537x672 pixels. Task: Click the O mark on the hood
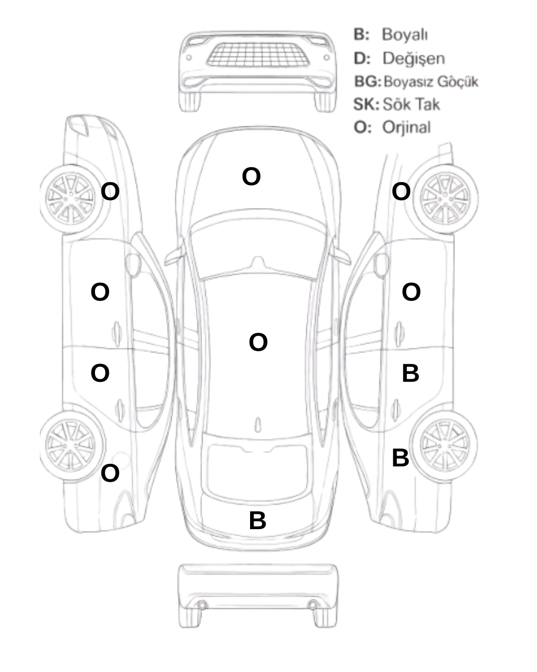click(x=251, y=176)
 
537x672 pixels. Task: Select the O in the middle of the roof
click(x=258, y=342)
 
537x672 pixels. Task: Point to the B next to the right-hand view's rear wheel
click(x=400, y=458)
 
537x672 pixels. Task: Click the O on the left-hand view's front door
click(x=100, y=292)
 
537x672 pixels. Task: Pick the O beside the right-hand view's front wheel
click(x=401, y=191)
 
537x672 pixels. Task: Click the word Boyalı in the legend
click(x=405, y=35)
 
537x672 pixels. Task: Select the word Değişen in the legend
click(x=414, y=58)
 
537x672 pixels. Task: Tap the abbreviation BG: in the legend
click(x=368, y=82)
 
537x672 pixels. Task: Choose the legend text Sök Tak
click(x=411, y=104)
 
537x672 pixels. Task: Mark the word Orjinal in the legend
click(x=407, y=127)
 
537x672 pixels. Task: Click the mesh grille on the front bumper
click(x=258, y=55)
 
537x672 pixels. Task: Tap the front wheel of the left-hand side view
click(x=71, y=199)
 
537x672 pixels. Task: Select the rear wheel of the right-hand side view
click(x=444, y=445)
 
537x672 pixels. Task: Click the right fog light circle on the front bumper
click(x=326, y=57)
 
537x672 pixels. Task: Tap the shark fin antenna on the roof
click(x=258, y=425)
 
